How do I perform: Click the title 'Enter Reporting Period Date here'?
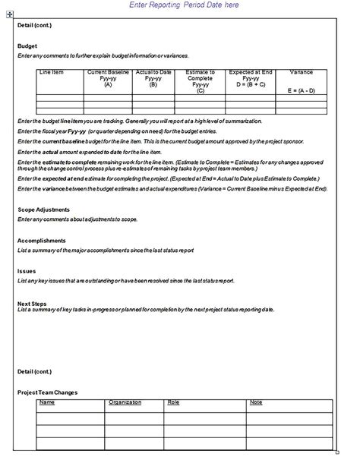185,5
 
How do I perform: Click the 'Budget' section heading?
27,46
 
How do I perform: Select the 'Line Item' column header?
52,72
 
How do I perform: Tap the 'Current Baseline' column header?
107,72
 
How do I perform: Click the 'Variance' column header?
301,72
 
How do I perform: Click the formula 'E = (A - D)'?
301,90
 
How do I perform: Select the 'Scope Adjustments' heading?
43,210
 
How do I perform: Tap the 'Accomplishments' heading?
41,240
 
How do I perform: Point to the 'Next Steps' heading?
30,302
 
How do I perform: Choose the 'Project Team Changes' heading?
47,392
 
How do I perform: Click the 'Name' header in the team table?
47,402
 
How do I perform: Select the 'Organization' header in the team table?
125,402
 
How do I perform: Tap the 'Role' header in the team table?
173,402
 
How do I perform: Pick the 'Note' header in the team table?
256,402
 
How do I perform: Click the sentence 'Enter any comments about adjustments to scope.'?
77,219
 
